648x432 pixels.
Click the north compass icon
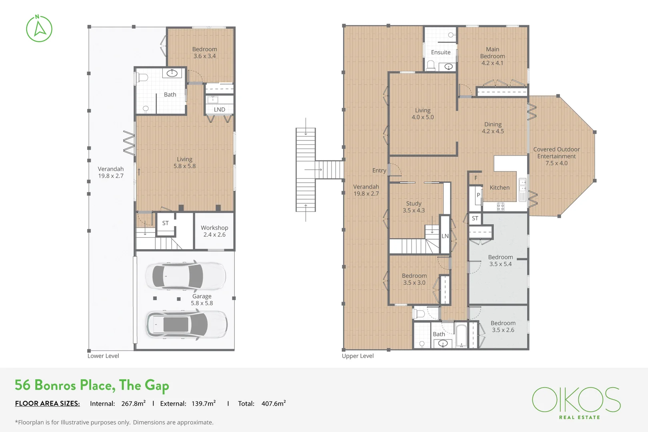click(39, 28)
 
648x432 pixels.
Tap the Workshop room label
click(214, 231)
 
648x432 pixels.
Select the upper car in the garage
click(186, 276)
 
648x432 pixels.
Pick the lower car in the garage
click(186, 324)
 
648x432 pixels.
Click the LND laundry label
click(219, 109)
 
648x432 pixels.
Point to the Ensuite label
click(440, 52)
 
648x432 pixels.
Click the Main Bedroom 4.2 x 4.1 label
click(492, 56)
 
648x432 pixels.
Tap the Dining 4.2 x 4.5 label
click(493, 128)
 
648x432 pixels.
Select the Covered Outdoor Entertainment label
click(556, 156)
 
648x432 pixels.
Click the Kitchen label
click(500, 188)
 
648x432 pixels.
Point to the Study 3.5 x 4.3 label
click(414, 207)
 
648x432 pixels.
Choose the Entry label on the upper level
click(379, 170)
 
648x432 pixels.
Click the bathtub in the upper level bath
click(461, 336)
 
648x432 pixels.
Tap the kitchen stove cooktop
click(500, 206)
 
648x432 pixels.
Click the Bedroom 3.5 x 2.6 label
click(503, 326)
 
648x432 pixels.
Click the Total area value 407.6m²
click(274, 403)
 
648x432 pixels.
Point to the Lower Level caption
click(103, 356)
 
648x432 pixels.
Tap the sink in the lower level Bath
click(172, 73)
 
